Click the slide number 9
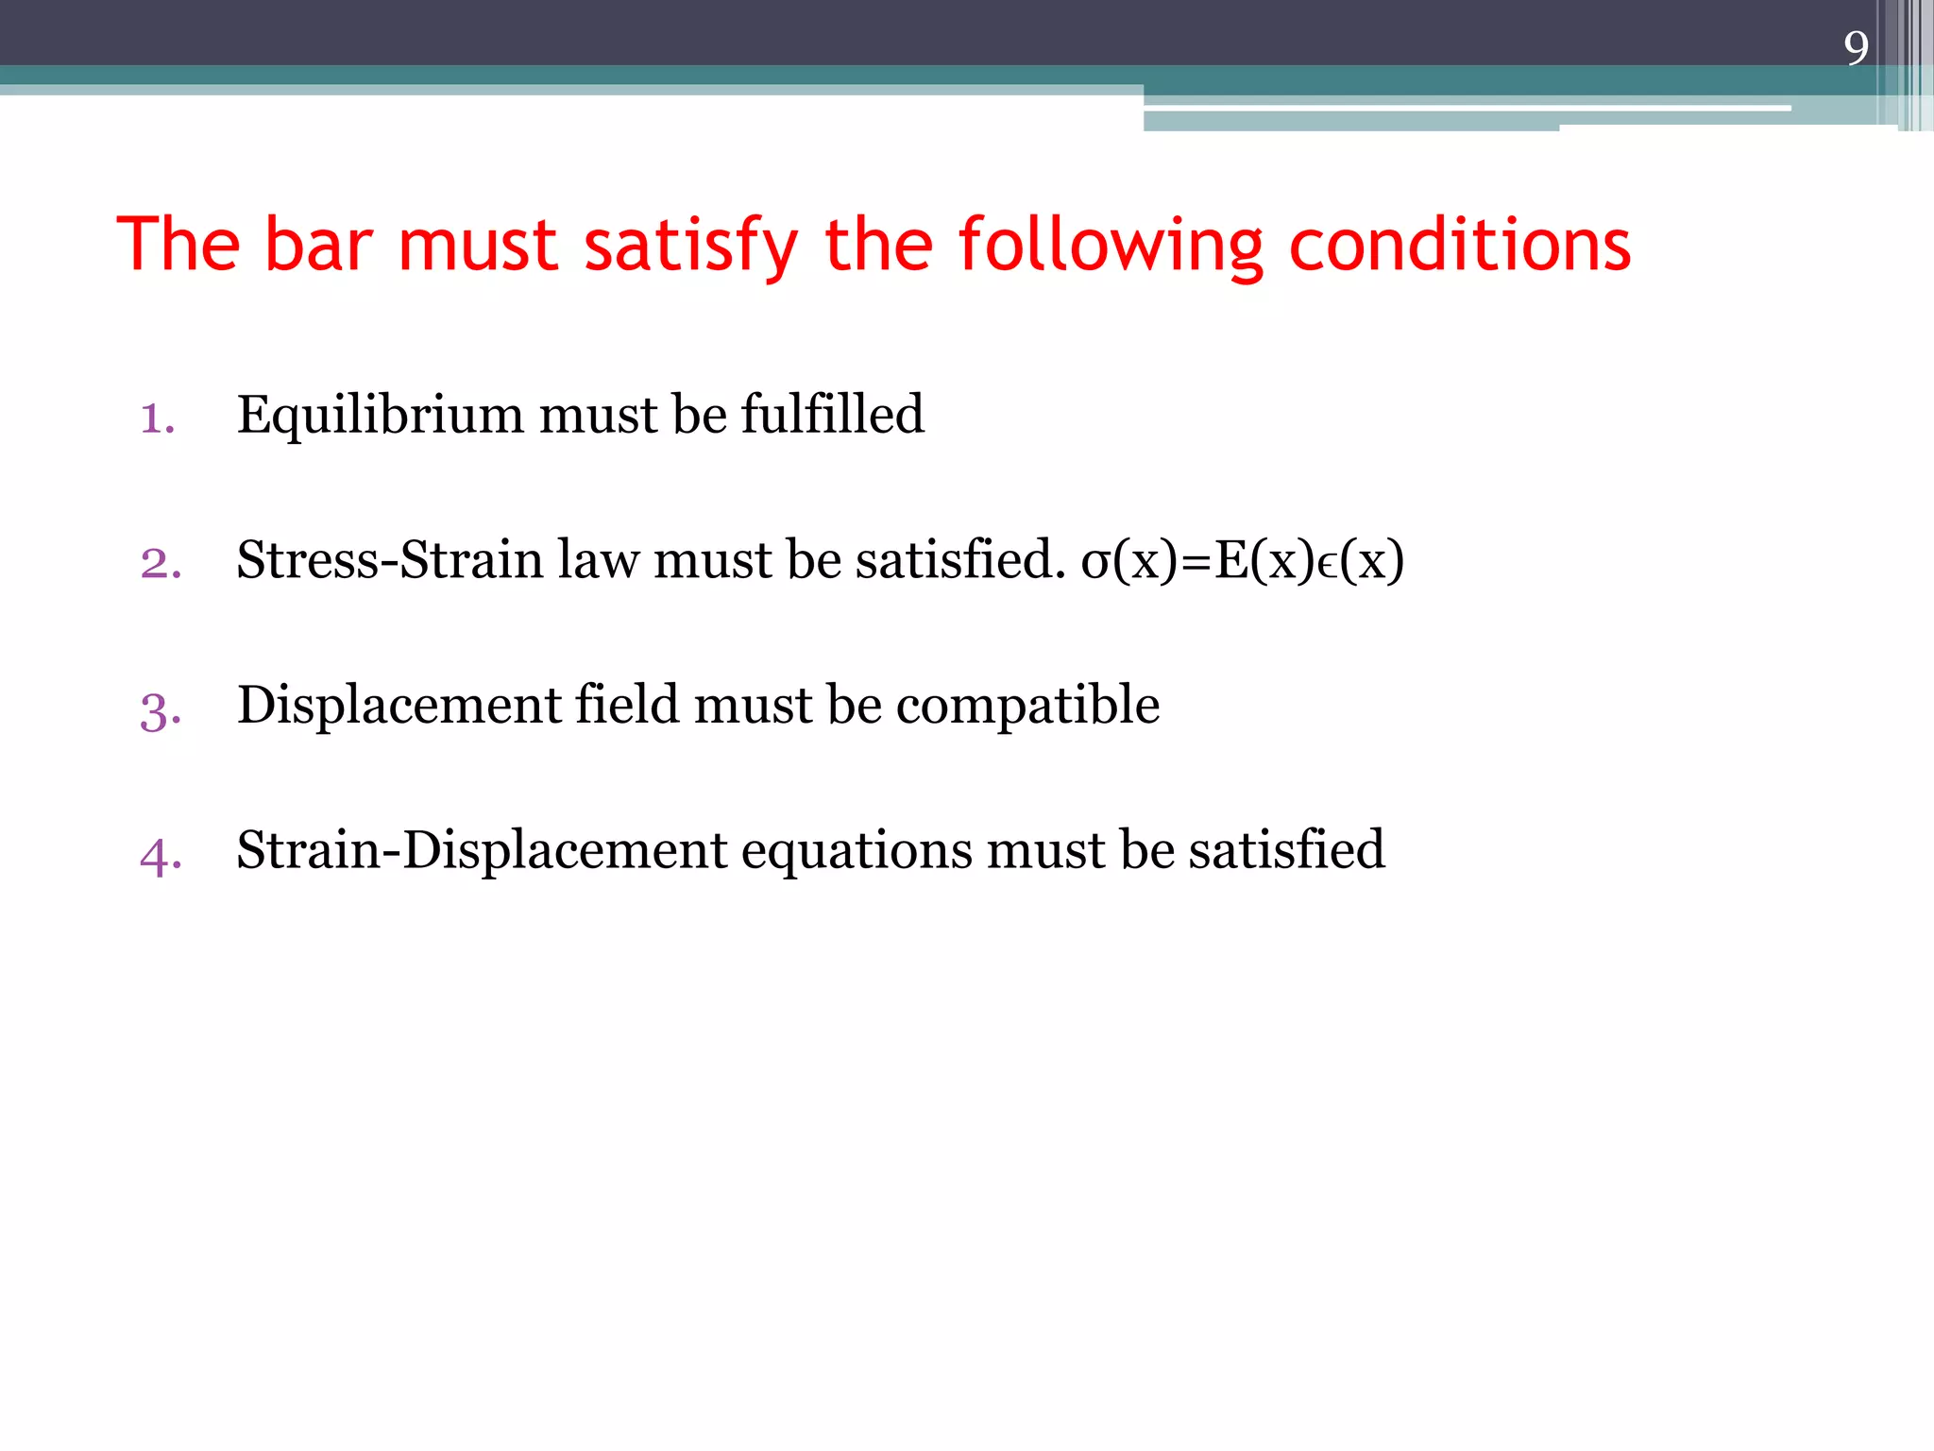click(x=1856, y=48)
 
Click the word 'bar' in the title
click(x=318, y=245)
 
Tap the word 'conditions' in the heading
click(x=1460, y=245)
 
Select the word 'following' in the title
click(x=1111, y=245)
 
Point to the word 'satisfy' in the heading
click(x=691, y=245)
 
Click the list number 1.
click(x=157, y=418)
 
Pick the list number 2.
click(x=161, y=563)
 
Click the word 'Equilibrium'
click(x=380, y=416)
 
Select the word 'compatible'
click(x=1027, y=707)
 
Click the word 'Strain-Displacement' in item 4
click(x=482, y=850)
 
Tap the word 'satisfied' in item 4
click(x=1286, y=850)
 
